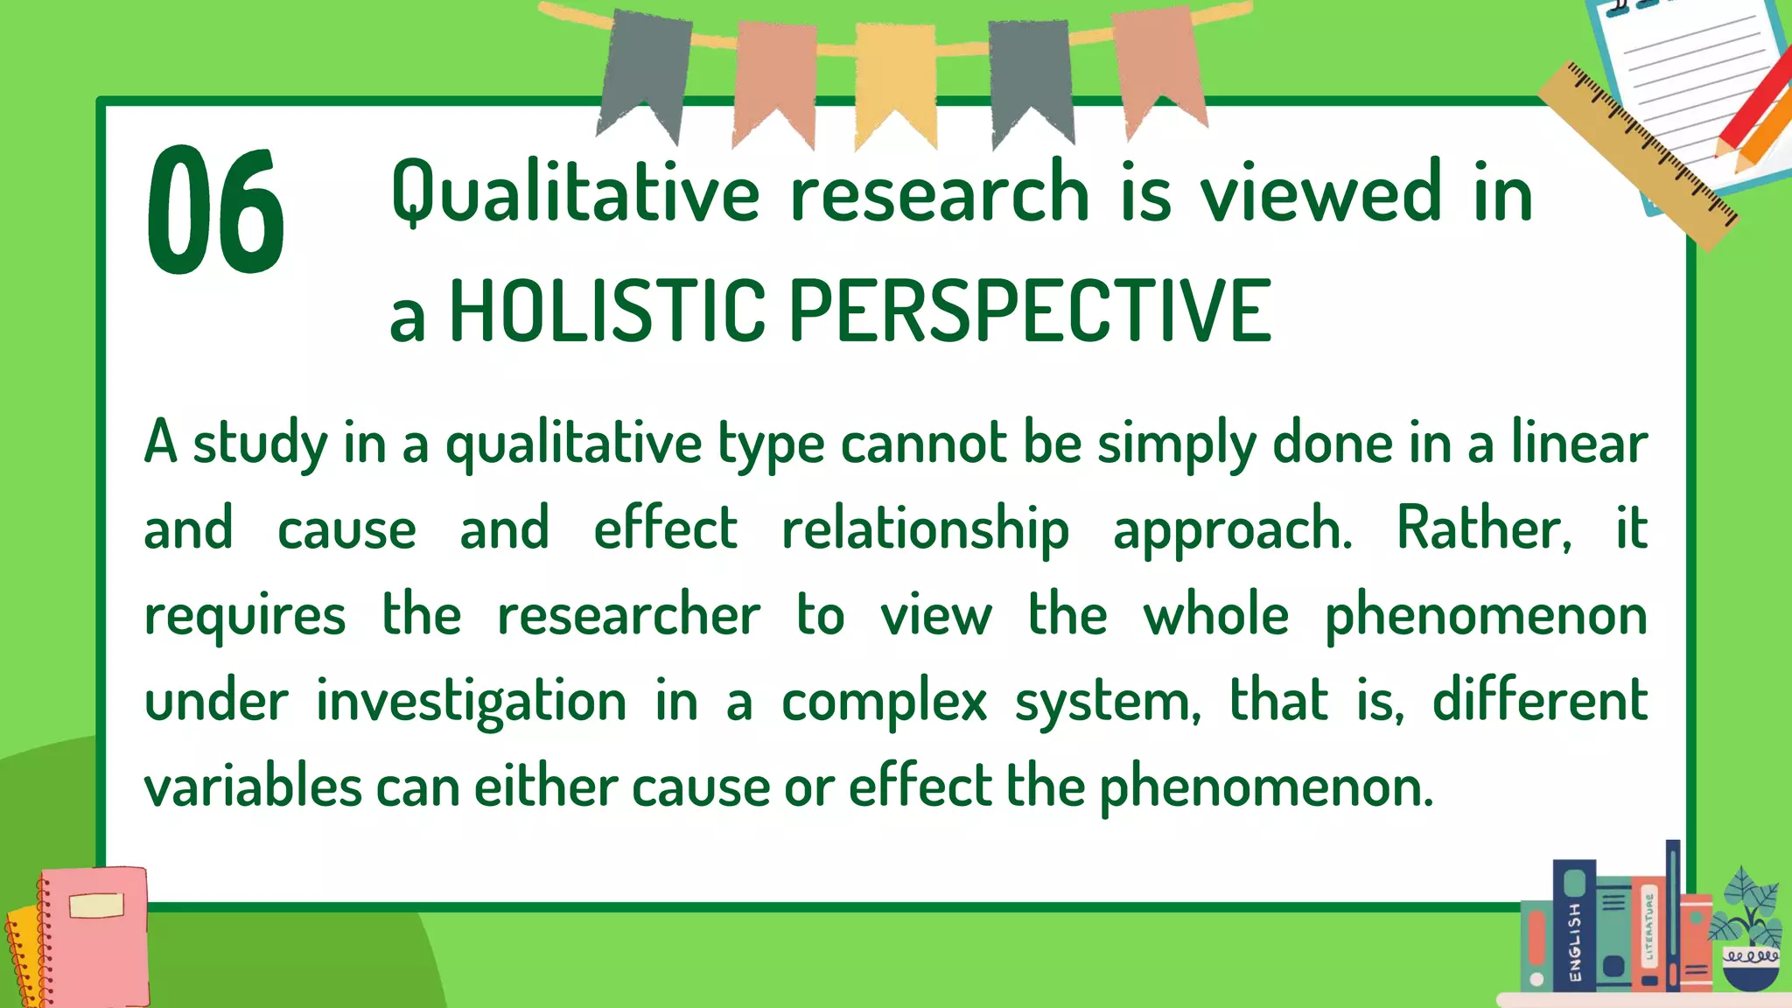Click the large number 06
pyautogui.click(x=215, y=210)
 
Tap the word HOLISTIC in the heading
pyautogui.click(x=607, y=311)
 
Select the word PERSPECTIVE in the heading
pyautogui.click(x=1030, y=311)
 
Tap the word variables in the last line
pyautogui.click(x=253, y=787)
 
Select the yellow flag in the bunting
pyautogui.click(x=895, y=79)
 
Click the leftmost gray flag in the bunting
pyautogui.click(x=644, y=70)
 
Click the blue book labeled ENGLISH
pyautogui.click(x=1573, y=927)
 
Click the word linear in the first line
pyautogui.click(x=1579, y=443)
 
